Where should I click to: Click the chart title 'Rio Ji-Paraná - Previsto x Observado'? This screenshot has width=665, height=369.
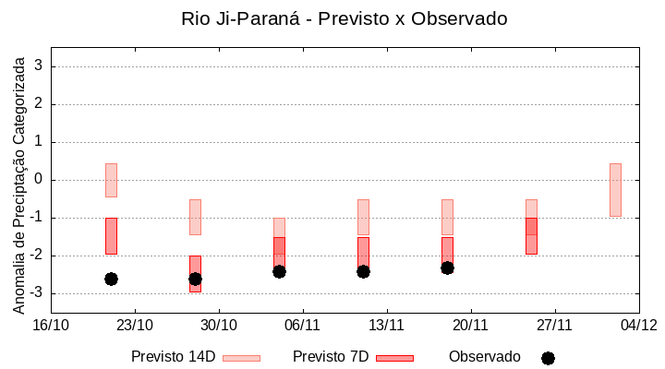[x=344, y=18]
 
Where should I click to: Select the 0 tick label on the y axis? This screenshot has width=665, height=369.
[x=39, y=180]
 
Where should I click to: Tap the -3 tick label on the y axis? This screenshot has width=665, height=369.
[x=35, y=293]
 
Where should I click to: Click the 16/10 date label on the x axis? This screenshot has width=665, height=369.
[x=51, y=325]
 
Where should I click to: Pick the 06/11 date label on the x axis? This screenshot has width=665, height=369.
[x=302, y=325]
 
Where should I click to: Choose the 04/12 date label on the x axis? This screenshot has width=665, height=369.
[x=638, y=325]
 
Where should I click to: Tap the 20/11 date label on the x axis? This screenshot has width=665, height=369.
[x=470, y=325]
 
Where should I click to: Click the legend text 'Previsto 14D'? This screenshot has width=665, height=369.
[x=174, y=357]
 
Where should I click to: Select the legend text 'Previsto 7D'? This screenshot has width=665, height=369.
[x=331, y=357]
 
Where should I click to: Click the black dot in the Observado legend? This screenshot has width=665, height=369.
[x=548, y=358]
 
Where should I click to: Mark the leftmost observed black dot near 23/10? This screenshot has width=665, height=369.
[x=111, y=279]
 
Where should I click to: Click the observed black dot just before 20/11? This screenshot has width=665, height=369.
[x=447, y=268]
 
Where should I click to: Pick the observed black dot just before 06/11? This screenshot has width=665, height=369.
[x=279, y=271]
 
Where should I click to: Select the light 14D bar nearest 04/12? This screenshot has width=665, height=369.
[x=615, y=190]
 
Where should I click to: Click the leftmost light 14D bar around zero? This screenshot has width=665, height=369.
[x=111, y=180]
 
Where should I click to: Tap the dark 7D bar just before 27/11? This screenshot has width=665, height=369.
[x=531, y=236]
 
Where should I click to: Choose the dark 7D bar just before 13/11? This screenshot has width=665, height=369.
[x=363, y=252]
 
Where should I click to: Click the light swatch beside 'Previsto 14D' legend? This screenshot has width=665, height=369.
[x=241, y=358]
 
